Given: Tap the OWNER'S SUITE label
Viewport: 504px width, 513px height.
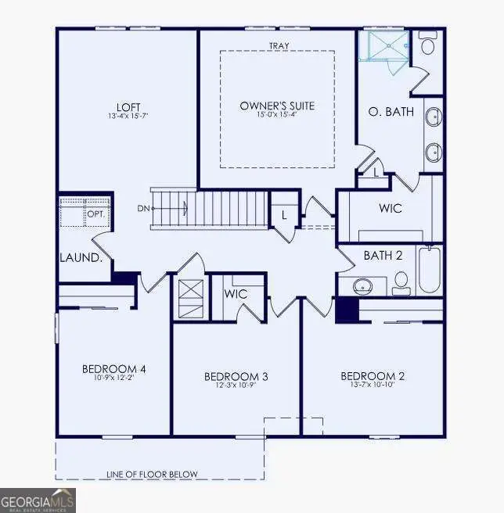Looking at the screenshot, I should pos(277,106).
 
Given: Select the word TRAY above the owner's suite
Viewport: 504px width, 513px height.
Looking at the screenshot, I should pos(278,46).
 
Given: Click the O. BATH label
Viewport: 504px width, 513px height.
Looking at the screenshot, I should pos(391,112).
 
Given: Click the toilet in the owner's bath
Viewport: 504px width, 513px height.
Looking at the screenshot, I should pos(428,44).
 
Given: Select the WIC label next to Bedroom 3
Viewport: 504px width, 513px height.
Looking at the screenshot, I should pos(236,294).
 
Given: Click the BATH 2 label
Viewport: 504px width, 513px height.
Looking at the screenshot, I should pos(383,255).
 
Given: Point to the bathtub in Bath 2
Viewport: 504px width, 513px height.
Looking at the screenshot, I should pos(429,270).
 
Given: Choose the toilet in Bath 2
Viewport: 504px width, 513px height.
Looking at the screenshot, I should pos(401,282).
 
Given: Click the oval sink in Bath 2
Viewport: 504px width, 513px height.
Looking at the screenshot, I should pos(364,286).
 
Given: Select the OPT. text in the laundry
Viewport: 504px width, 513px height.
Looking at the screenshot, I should pos(96,213).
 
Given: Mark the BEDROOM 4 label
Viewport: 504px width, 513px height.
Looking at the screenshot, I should pos(114,369).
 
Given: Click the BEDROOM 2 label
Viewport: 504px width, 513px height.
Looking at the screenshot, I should pos(373,376).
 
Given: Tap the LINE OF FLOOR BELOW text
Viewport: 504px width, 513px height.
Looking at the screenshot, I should pos(152,474).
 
